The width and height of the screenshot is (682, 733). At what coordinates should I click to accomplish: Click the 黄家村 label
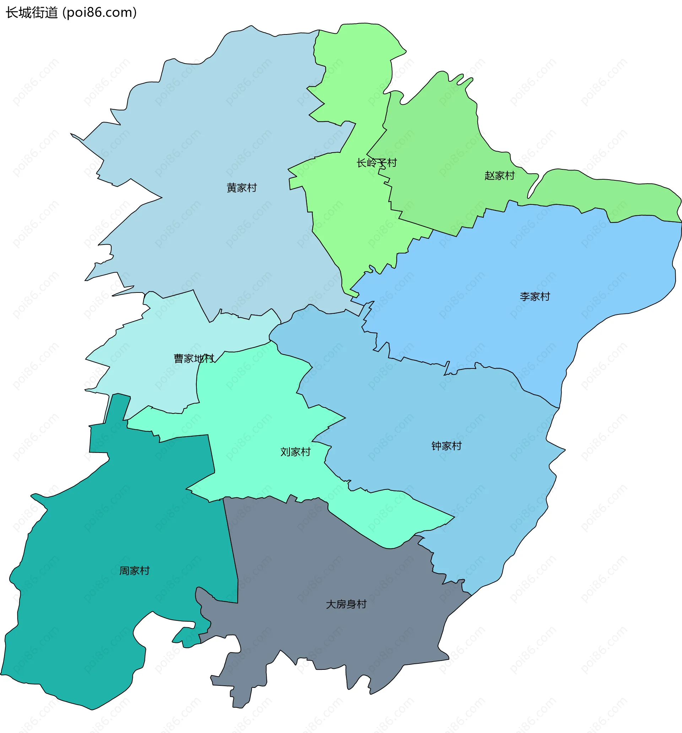(242, 188)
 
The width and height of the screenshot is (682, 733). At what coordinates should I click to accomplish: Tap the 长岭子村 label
(377, 163)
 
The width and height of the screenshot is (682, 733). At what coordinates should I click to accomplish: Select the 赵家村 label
(499, 175)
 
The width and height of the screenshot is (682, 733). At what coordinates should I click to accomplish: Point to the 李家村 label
(535, 296)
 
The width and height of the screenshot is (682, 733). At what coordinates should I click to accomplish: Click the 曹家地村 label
(194, 359)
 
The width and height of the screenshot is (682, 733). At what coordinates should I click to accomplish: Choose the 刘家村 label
(295, 452)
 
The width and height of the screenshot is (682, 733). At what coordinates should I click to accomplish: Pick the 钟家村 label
(446, 446)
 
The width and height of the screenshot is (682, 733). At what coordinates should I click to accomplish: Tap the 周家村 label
(134, 571)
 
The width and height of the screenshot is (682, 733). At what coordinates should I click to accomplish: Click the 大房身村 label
(346, 604)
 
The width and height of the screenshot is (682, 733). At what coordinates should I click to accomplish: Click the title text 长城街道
(32, 13)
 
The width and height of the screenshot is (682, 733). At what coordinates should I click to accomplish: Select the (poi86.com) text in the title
(100, 13)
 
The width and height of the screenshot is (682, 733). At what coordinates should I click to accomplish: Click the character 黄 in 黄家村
(232, 188)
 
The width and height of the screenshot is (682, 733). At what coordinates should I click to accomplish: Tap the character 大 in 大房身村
(331, 604)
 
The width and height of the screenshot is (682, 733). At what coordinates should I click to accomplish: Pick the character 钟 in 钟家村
(436, 446)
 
